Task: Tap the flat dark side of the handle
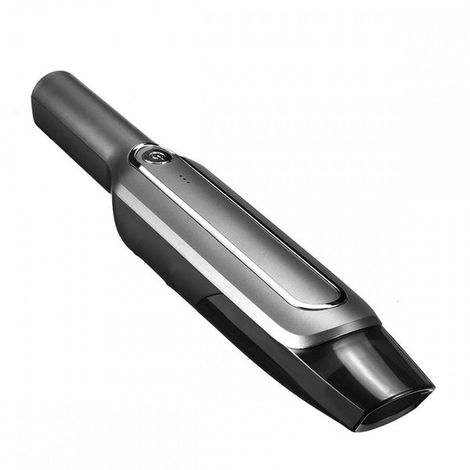(74, 145)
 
